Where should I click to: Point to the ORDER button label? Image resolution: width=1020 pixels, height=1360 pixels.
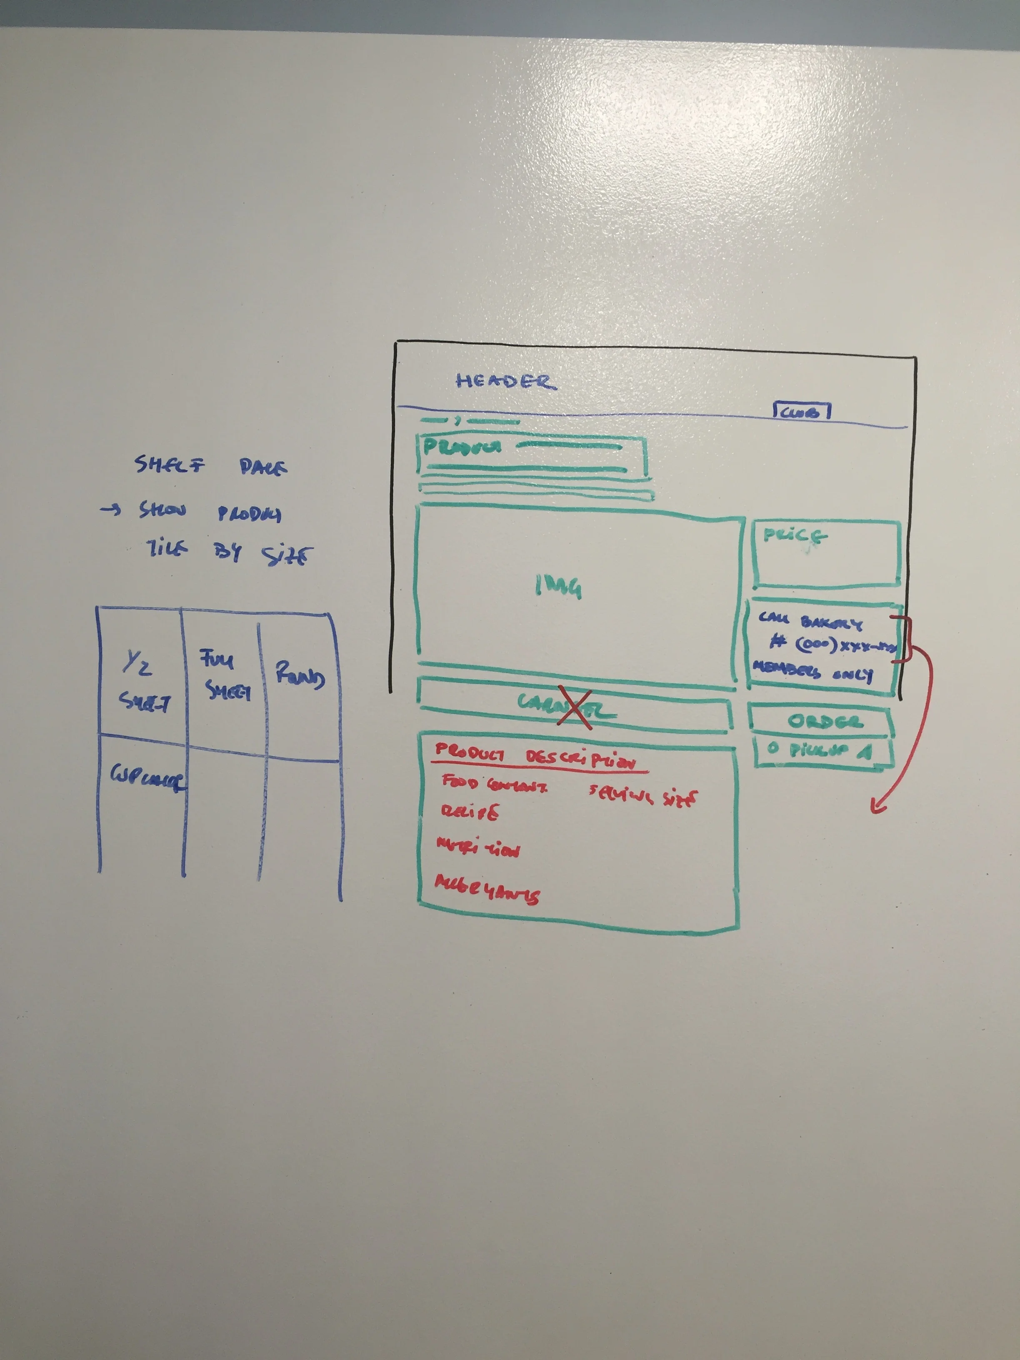(825, 721)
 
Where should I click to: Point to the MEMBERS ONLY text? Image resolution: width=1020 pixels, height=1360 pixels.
(812, 671)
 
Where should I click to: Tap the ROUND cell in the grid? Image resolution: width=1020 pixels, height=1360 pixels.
(300, 675)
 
